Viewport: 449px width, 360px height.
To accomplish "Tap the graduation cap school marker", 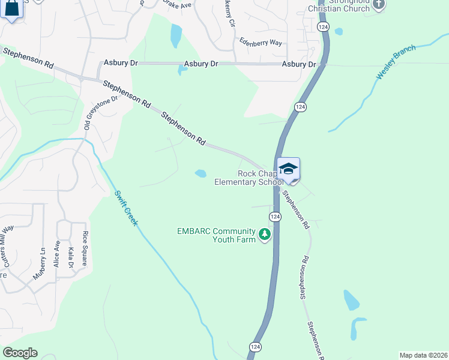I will [x=288, y=169].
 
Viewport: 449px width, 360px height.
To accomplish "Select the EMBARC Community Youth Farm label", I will [x=217, y=235].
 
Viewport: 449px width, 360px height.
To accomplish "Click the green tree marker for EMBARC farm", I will [x=265, y=235].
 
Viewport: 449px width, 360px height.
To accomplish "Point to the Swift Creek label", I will [x=127, y=208].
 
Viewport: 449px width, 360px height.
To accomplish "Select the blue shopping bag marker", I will [x=12, y=8].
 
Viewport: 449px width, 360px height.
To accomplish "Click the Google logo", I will [x=20, y=352].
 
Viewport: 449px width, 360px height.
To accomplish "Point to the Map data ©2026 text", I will [x=423, y=355].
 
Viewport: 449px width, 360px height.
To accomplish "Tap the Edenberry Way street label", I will [x=260, y=43].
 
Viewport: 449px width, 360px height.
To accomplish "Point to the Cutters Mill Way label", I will [x=8, y=245].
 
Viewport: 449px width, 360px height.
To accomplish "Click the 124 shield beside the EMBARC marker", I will [x=275, y=217].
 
